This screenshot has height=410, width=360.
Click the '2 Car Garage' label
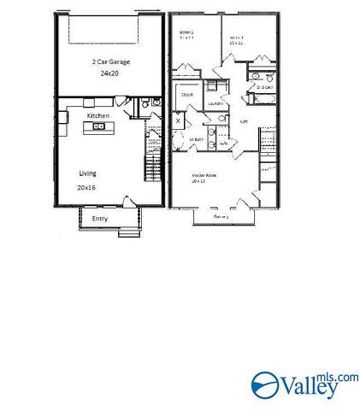coord(108,62)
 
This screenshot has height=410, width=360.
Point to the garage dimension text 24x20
coord(108,74)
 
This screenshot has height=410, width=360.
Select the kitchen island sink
coord(110,127)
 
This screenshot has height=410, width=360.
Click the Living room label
coord(87,173)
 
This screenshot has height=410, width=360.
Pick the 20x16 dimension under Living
coord(87,186)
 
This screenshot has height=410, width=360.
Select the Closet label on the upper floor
coord(186,95)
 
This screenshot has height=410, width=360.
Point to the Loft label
coord(244,120)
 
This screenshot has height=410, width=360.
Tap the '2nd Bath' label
coord(263,87)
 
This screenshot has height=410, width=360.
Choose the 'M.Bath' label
coord(196,139)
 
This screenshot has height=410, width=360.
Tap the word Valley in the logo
coord(300,388)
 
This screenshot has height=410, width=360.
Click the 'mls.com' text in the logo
coord(339,376)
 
